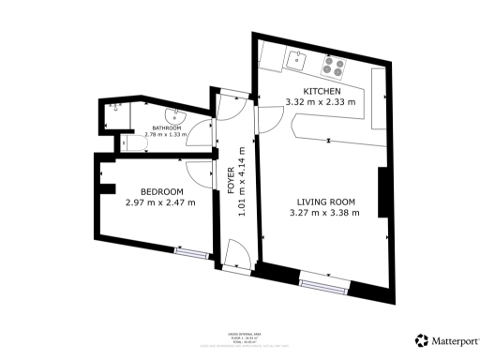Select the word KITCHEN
(x=321, y=90)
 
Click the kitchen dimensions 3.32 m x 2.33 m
(x=321, y=101)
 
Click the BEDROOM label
(x=148, y=191)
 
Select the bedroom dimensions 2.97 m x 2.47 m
(x=160, y=202)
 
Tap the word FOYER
(x=231, y=180)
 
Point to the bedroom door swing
(x=199, y=171)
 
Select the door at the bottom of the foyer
(x=236, y=251)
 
